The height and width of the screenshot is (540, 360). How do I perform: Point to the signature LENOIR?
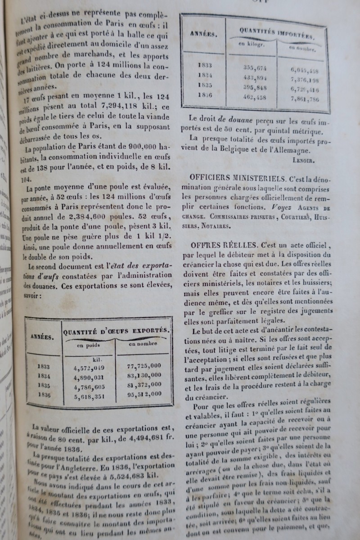[x=307, y=159]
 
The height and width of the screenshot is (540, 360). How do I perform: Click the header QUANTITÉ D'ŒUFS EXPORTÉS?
[x=117, y=331]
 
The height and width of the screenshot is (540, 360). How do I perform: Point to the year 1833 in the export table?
[x=44, y=367]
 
